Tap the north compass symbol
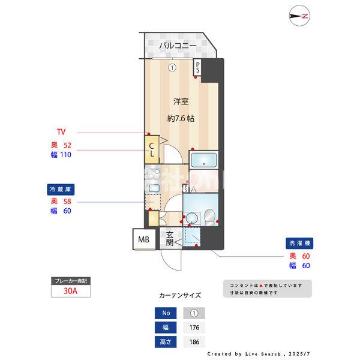(299, 16)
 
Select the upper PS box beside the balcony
(197, 68)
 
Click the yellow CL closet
(152, 150)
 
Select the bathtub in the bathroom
(205, 161)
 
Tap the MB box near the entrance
(143, 240)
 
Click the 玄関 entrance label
(170, 239)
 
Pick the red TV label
(61, 132)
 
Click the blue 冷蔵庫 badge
(62, 189)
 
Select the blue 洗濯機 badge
(300, 244)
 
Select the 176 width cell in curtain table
(194, 328)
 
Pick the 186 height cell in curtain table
(194, 343)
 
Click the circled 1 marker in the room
(172, 68)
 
